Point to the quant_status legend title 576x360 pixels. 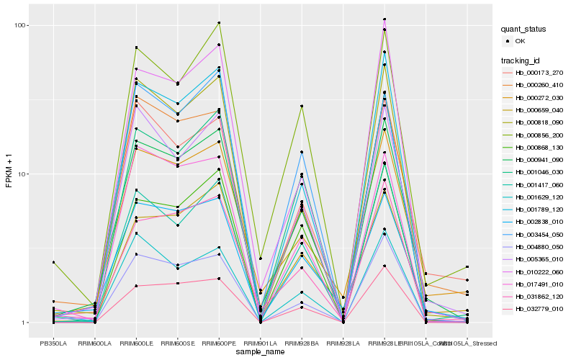click(525, 30)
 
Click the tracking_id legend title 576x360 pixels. click(522, 60)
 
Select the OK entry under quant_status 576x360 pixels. click(520, 41)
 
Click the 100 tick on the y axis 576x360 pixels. click(19, 25)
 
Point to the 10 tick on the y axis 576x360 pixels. click(22, 174)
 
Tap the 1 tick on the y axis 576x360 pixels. click(24, 323)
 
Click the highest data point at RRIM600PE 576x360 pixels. click(219, 23)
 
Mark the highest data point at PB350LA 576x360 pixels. click(53, 262)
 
